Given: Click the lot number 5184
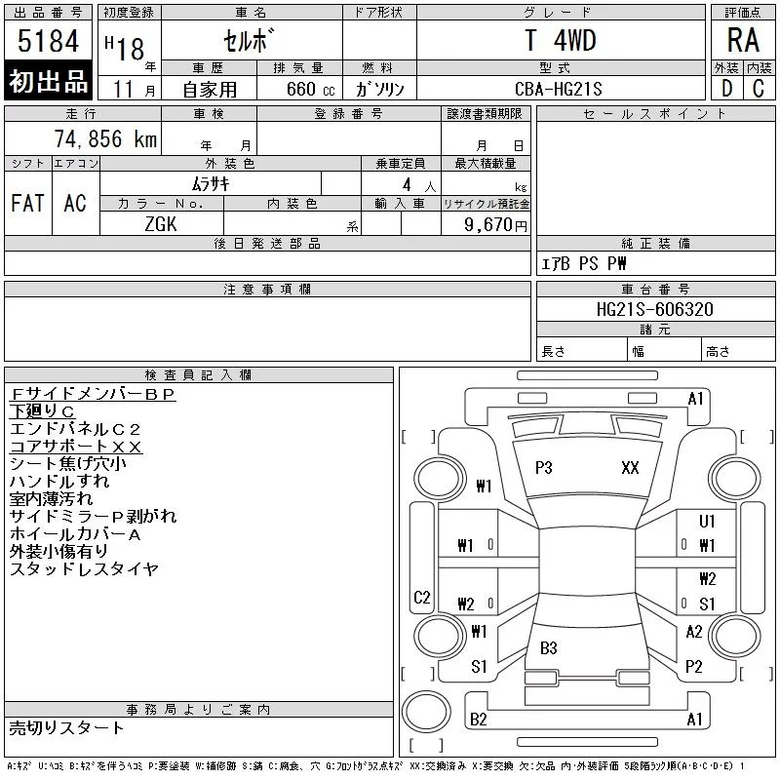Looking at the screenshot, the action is point(48,41).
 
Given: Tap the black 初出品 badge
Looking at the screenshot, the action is point(48,81).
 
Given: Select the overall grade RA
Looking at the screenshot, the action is point(743,40).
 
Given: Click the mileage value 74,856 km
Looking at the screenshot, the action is point(105,138).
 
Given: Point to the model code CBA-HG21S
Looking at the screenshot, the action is point(558,89).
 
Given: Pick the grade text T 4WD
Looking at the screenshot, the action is point(560,40).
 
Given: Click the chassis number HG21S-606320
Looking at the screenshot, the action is point(654,309).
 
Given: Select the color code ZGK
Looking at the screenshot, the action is point(161,224).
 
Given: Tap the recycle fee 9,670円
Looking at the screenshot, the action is point(495,225).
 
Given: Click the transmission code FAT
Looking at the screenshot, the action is point(28,203).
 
